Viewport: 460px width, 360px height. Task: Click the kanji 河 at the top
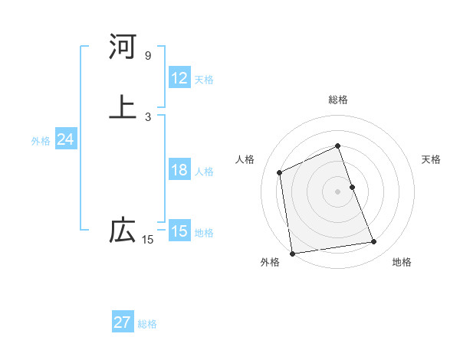point(123,47)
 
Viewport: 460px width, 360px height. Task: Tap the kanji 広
point(123,231)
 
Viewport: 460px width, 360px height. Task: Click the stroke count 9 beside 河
point(147,56)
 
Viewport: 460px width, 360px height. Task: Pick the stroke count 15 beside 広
point(147,241)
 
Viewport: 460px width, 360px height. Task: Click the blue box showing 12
point(179,78)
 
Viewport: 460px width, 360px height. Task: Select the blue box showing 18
point(179,170)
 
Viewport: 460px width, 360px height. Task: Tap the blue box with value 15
point(179,231)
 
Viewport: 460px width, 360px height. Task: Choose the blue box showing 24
point(66,139)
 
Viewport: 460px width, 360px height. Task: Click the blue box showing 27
point(123,322)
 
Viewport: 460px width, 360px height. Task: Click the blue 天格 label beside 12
point(204,80)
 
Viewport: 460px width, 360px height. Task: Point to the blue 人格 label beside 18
point(204,172)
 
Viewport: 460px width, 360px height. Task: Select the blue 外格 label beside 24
point(41,141)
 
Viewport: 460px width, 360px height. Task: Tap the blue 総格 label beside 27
point(147,324)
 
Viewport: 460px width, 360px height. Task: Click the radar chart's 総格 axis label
point(338,100)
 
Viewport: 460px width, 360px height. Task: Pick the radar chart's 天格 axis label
point(431,159)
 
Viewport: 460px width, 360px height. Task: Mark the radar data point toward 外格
point(292,253)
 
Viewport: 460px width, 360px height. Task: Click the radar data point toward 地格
point(374,242)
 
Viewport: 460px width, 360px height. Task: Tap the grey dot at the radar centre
point(338,191)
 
